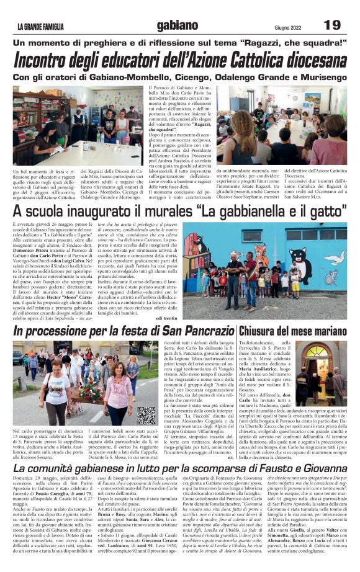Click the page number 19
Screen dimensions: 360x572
coord(333,25)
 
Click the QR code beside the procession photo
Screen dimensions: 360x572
coord(146,415)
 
